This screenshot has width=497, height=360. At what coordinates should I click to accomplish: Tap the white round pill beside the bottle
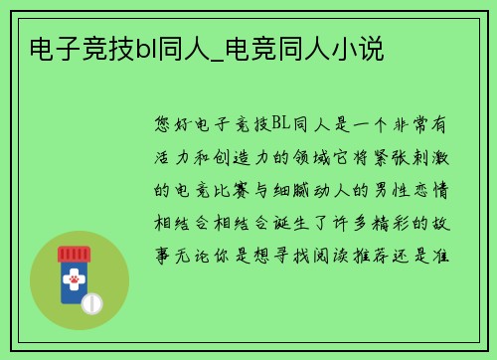click(x=91, y=301)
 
